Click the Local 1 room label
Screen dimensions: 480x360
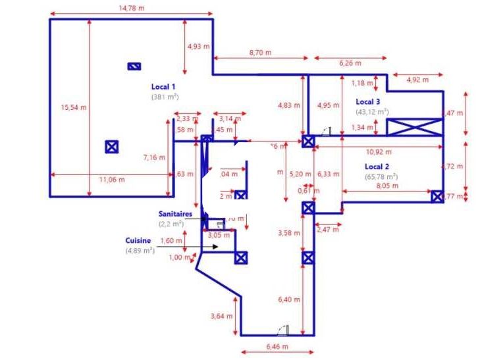click(x=163, y=86)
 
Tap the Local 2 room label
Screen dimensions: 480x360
click(x=377, y=167)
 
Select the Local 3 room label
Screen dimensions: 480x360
click(x=368, y=101)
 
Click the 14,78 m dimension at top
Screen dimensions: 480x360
click(x=131, y=8)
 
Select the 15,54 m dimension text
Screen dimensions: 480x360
click(x=74, y=107)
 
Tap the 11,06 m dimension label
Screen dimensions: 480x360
click(x=112, y=179)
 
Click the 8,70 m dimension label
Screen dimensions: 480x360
click(x=260, y=52)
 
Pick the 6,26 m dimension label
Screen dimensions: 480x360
click(x=350, y=63)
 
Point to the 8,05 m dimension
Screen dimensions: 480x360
click(x=387, y=186)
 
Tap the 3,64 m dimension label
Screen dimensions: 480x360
click(x=221, y=316)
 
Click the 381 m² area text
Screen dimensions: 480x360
click(x=165, y=96)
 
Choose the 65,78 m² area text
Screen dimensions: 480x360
click(x=381, y=176)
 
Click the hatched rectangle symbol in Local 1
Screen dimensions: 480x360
click(x=134, y=66)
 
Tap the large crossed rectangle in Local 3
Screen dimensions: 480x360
click(x=414, y=128)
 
